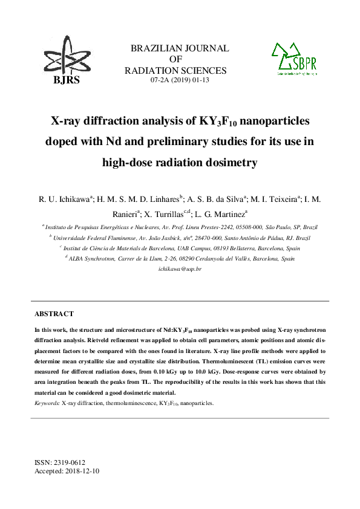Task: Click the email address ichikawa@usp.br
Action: (x=180, y=268)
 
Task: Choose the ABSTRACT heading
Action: (x=54, y=314)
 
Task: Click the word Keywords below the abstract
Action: (x=47, y=402)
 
